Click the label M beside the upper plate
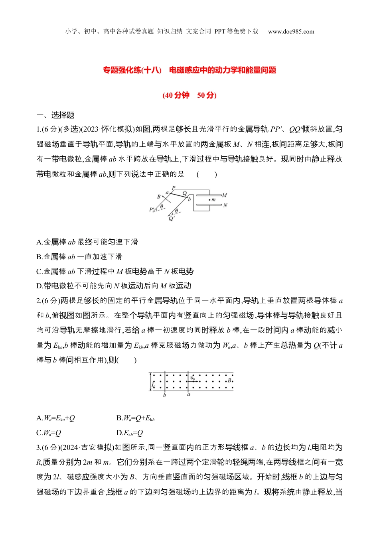pos(225,195)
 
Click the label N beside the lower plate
pos(225,205)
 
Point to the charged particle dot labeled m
pos(210,199)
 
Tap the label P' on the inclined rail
pos(152,209)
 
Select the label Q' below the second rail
pos(172,219)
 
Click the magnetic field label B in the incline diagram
pos(159,197)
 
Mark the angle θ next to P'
pos(162,207)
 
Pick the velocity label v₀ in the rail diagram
pos(193,378)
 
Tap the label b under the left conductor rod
pos(165,395)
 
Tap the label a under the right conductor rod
pos(189,395)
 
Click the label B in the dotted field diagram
pos(229,381)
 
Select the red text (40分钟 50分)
pos(189,95)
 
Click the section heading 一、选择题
pos(55,115)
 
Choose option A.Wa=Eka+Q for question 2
pos(55,418)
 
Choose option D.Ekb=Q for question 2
pos(130,433)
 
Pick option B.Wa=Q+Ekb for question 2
pos(136,418)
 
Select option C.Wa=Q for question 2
pos(49,433)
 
